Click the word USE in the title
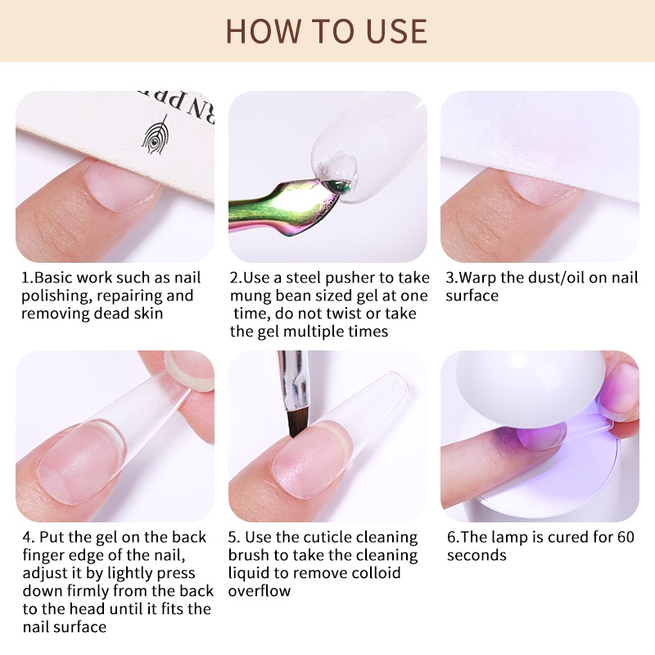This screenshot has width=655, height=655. tap(396, 31)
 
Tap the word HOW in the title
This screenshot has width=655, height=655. tap(264, 31)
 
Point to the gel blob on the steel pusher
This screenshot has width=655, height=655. tap(337, 169)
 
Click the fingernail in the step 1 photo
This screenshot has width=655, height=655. tap(121, 187)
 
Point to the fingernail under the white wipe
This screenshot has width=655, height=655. tap(543, 189)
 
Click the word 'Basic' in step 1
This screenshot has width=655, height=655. tap(53, 278)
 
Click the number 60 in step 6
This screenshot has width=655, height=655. tap(625, 537)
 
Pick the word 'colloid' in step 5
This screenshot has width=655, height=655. tap(376, 572)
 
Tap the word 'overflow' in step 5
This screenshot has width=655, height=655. tap(259, 591)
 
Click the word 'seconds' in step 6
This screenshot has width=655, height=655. tap(477, 556)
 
